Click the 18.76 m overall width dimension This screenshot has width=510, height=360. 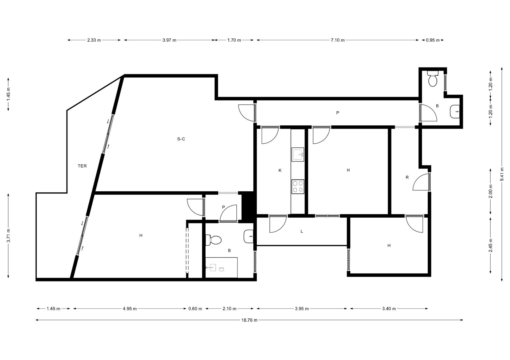[249, 320]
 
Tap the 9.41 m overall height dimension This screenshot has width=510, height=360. [502, 174]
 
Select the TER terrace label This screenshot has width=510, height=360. [82, 166]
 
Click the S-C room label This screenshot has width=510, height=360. [181, 139]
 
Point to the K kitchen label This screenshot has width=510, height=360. [280, 170]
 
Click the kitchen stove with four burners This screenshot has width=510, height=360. [298, 186]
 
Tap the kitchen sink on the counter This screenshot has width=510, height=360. [298, 155]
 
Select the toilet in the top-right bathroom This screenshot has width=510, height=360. [433, 78]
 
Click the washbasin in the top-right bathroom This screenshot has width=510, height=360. [455, 112]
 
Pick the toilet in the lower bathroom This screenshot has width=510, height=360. [214, 240]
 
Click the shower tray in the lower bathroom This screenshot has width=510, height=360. [221, 267]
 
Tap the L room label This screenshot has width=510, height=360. [302, 231]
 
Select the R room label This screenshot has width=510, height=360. [407, 177]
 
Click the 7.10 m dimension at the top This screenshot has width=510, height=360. [338, 40]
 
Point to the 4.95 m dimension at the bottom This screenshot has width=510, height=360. [130, 309]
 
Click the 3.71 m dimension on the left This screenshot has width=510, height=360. [8, 235]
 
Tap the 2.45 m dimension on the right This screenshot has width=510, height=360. [490, 245]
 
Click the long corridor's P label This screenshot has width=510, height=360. [338, 113]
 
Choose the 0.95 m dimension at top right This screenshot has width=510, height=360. [433, 40]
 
